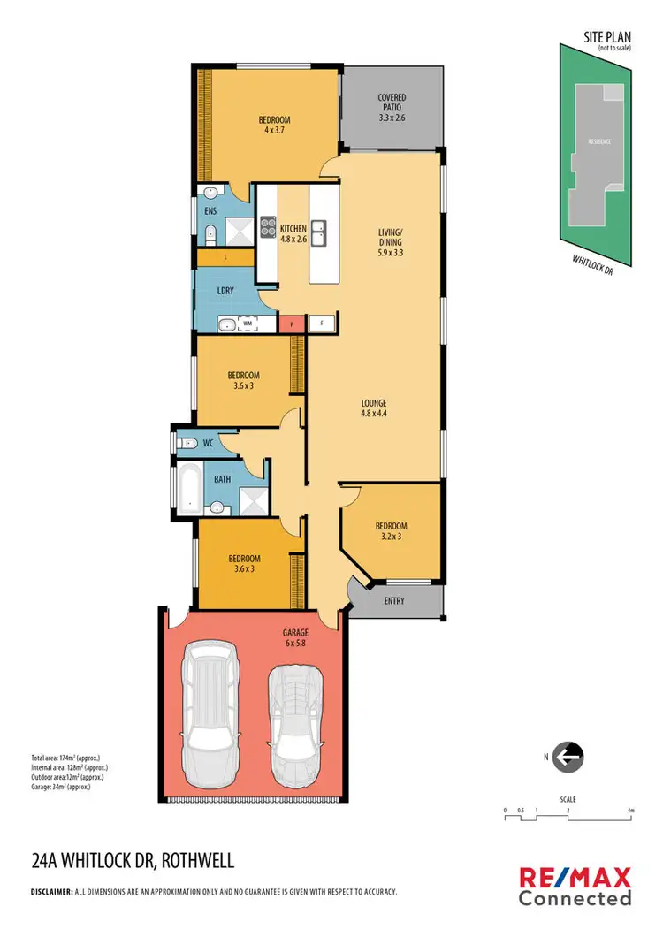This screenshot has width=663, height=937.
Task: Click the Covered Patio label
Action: pyautogui.click(x=391, y=107)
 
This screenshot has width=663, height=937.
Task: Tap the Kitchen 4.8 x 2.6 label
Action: pyautogui.click(x=293, y=234)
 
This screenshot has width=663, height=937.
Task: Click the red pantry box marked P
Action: pyautogui.click(x=291, y=324)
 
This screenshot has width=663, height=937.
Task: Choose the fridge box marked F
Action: pyautogui.click(x=321, y=324)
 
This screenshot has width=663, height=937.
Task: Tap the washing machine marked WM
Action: pyautogui.click(x=248, y=324)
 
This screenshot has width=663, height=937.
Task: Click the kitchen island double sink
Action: pyautogui.click(x=324, y=232)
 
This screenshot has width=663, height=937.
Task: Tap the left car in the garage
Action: pyautogui.click(x=210, y=712)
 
